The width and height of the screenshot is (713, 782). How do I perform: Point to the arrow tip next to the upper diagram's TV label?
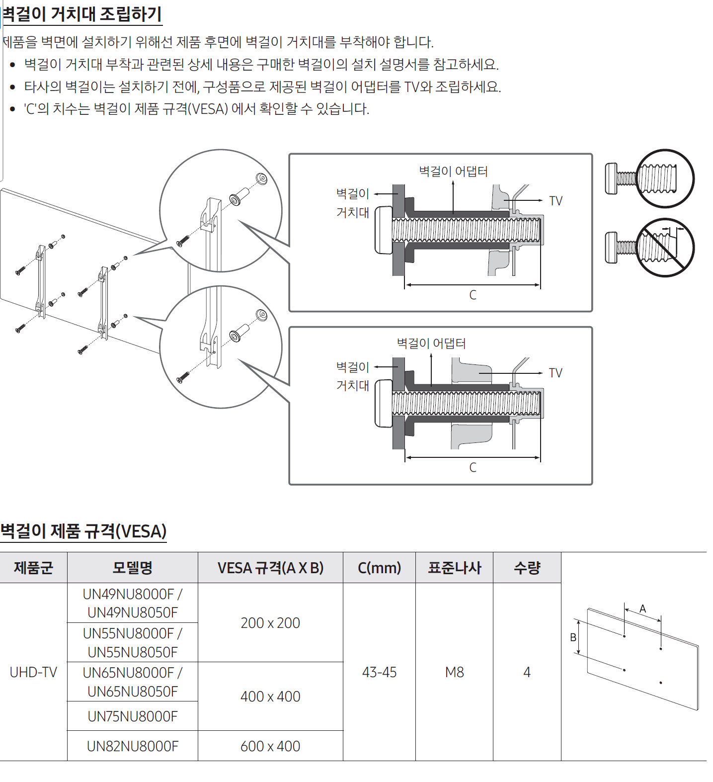(x=543, y=200)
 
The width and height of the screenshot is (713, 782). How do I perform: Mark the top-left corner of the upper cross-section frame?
(x=290, y=154)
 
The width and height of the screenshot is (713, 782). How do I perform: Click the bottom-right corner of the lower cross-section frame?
(x=592, y=484)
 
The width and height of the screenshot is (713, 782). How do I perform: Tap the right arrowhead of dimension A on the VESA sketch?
(x=661, y=620)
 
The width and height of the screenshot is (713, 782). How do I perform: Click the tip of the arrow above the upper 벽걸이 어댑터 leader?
(x=453, y=181)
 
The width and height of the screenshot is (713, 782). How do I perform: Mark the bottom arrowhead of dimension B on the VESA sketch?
(x=578, y=653)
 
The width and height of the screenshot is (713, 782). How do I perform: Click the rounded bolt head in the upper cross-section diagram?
(x=384, y=230)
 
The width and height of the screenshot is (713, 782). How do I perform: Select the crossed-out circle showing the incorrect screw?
(x=665, y=248)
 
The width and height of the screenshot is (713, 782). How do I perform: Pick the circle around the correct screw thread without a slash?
(x=665, y=178)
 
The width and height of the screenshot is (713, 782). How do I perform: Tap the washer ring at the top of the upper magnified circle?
(x=261, y=178)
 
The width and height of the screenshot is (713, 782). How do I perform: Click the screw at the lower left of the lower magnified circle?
(x=183, y=377)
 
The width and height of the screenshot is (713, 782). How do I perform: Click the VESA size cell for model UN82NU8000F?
(x=270, y=746)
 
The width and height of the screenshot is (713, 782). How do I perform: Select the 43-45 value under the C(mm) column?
(x=379, y=672)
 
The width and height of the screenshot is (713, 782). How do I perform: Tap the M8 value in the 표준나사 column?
(x=454, y=672)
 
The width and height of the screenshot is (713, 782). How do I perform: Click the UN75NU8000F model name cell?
(x=132, y=716)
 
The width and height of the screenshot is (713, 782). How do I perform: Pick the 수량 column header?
(x=527, y=567)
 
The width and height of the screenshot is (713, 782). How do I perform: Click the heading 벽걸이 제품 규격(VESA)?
(x=83, y=531)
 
